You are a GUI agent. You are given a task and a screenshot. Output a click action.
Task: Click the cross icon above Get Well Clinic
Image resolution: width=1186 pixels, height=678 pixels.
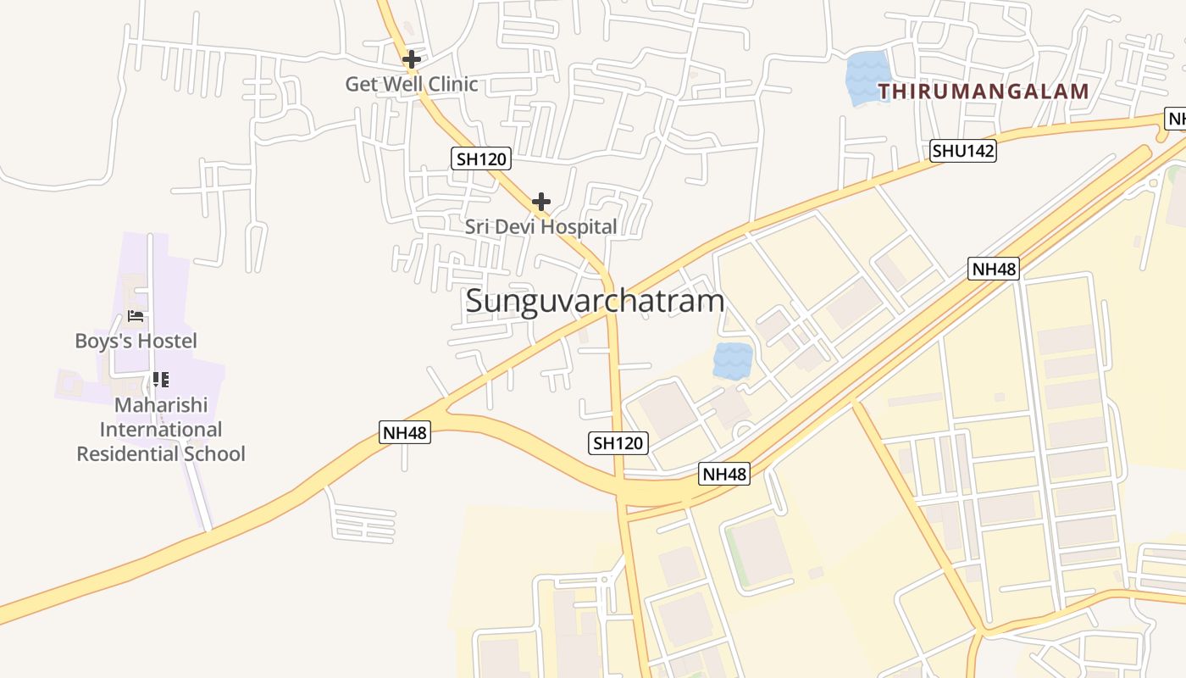point(412,59)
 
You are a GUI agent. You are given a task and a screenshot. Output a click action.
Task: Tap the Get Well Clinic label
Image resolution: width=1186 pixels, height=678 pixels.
point(412,84)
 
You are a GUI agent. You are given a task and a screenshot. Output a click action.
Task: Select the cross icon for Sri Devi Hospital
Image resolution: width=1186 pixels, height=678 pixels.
point(541,203)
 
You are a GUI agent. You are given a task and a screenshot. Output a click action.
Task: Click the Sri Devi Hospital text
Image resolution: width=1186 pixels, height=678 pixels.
point(540,226)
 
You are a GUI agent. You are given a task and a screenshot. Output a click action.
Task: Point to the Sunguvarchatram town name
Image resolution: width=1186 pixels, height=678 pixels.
point(595,301)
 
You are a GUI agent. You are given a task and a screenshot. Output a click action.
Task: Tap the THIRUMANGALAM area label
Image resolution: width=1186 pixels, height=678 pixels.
point(983,92)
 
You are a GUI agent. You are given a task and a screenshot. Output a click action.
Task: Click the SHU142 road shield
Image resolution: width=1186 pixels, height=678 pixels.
point(963,152)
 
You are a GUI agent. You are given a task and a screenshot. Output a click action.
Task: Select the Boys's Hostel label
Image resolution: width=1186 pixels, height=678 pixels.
point(136,341)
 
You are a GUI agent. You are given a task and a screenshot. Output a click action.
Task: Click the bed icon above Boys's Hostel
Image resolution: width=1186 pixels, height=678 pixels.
point(136,316)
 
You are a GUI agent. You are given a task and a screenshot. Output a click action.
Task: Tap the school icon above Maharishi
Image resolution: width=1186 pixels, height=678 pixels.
point(161,379)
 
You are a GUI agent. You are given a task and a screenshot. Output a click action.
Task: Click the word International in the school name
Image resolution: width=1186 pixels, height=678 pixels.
point(161,430)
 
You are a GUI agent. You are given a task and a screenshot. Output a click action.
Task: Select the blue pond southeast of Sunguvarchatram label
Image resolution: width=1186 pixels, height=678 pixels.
point(733,361)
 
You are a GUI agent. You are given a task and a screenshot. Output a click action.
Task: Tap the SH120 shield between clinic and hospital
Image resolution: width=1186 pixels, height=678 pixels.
point(480,158)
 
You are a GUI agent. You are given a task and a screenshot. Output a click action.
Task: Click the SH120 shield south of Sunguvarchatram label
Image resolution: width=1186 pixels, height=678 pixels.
point(618,442)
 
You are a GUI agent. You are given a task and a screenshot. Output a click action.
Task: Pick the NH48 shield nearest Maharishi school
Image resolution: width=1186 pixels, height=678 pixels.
point(405,432)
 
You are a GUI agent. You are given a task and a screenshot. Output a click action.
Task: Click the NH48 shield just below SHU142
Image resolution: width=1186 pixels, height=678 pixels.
point(994,270)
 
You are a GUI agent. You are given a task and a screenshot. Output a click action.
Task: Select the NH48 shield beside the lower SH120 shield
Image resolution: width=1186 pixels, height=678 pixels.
point(724,474)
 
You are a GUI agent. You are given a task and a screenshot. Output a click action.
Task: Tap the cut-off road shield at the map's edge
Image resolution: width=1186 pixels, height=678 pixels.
point(1176,119)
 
